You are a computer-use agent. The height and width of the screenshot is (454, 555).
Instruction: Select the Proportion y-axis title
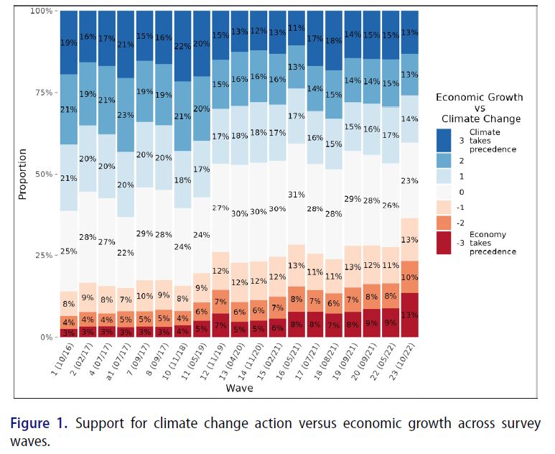[22, 174]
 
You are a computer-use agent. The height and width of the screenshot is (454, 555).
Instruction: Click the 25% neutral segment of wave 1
[69, 251]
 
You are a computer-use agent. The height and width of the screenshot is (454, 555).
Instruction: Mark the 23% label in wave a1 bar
[126, 115]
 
